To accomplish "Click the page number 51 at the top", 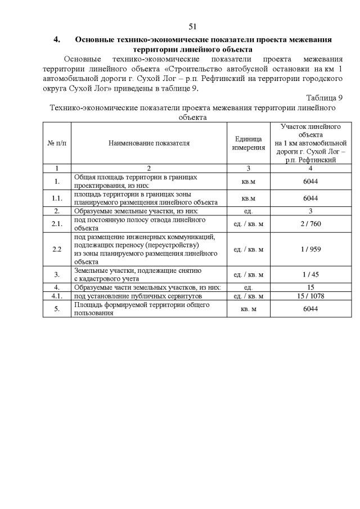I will tap(192, 26).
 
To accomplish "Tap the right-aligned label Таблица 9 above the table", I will tap(325, 98).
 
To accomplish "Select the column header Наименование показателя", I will tap(149, 143).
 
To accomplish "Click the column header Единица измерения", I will tap(248, 143).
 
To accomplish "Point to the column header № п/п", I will tap(57, 143).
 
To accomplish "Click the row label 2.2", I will tap(57, 249).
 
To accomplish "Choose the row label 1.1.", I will tap(57, 198).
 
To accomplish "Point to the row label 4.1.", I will tap(57, 295).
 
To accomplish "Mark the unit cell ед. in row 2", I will tap(248, 211).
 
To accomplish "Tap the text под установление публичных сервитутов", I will tap(138, 295).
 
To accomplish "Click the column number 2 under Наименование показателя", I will tap(149, 168).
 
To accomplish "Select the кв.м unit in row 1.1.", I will tap(248, 198).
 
